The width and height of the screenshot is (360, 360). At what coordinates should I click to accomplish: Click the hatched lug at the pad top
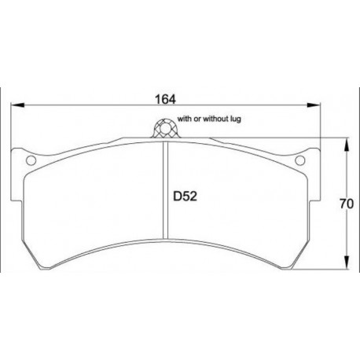165,128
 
